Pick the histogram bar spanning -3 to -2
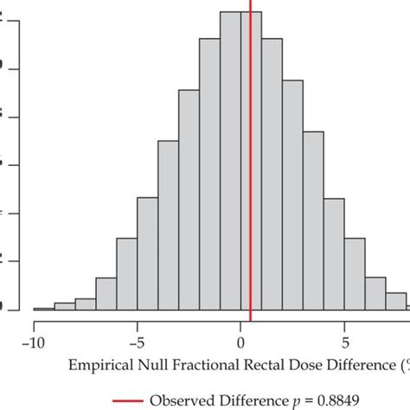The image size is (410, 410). (189, 200)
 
